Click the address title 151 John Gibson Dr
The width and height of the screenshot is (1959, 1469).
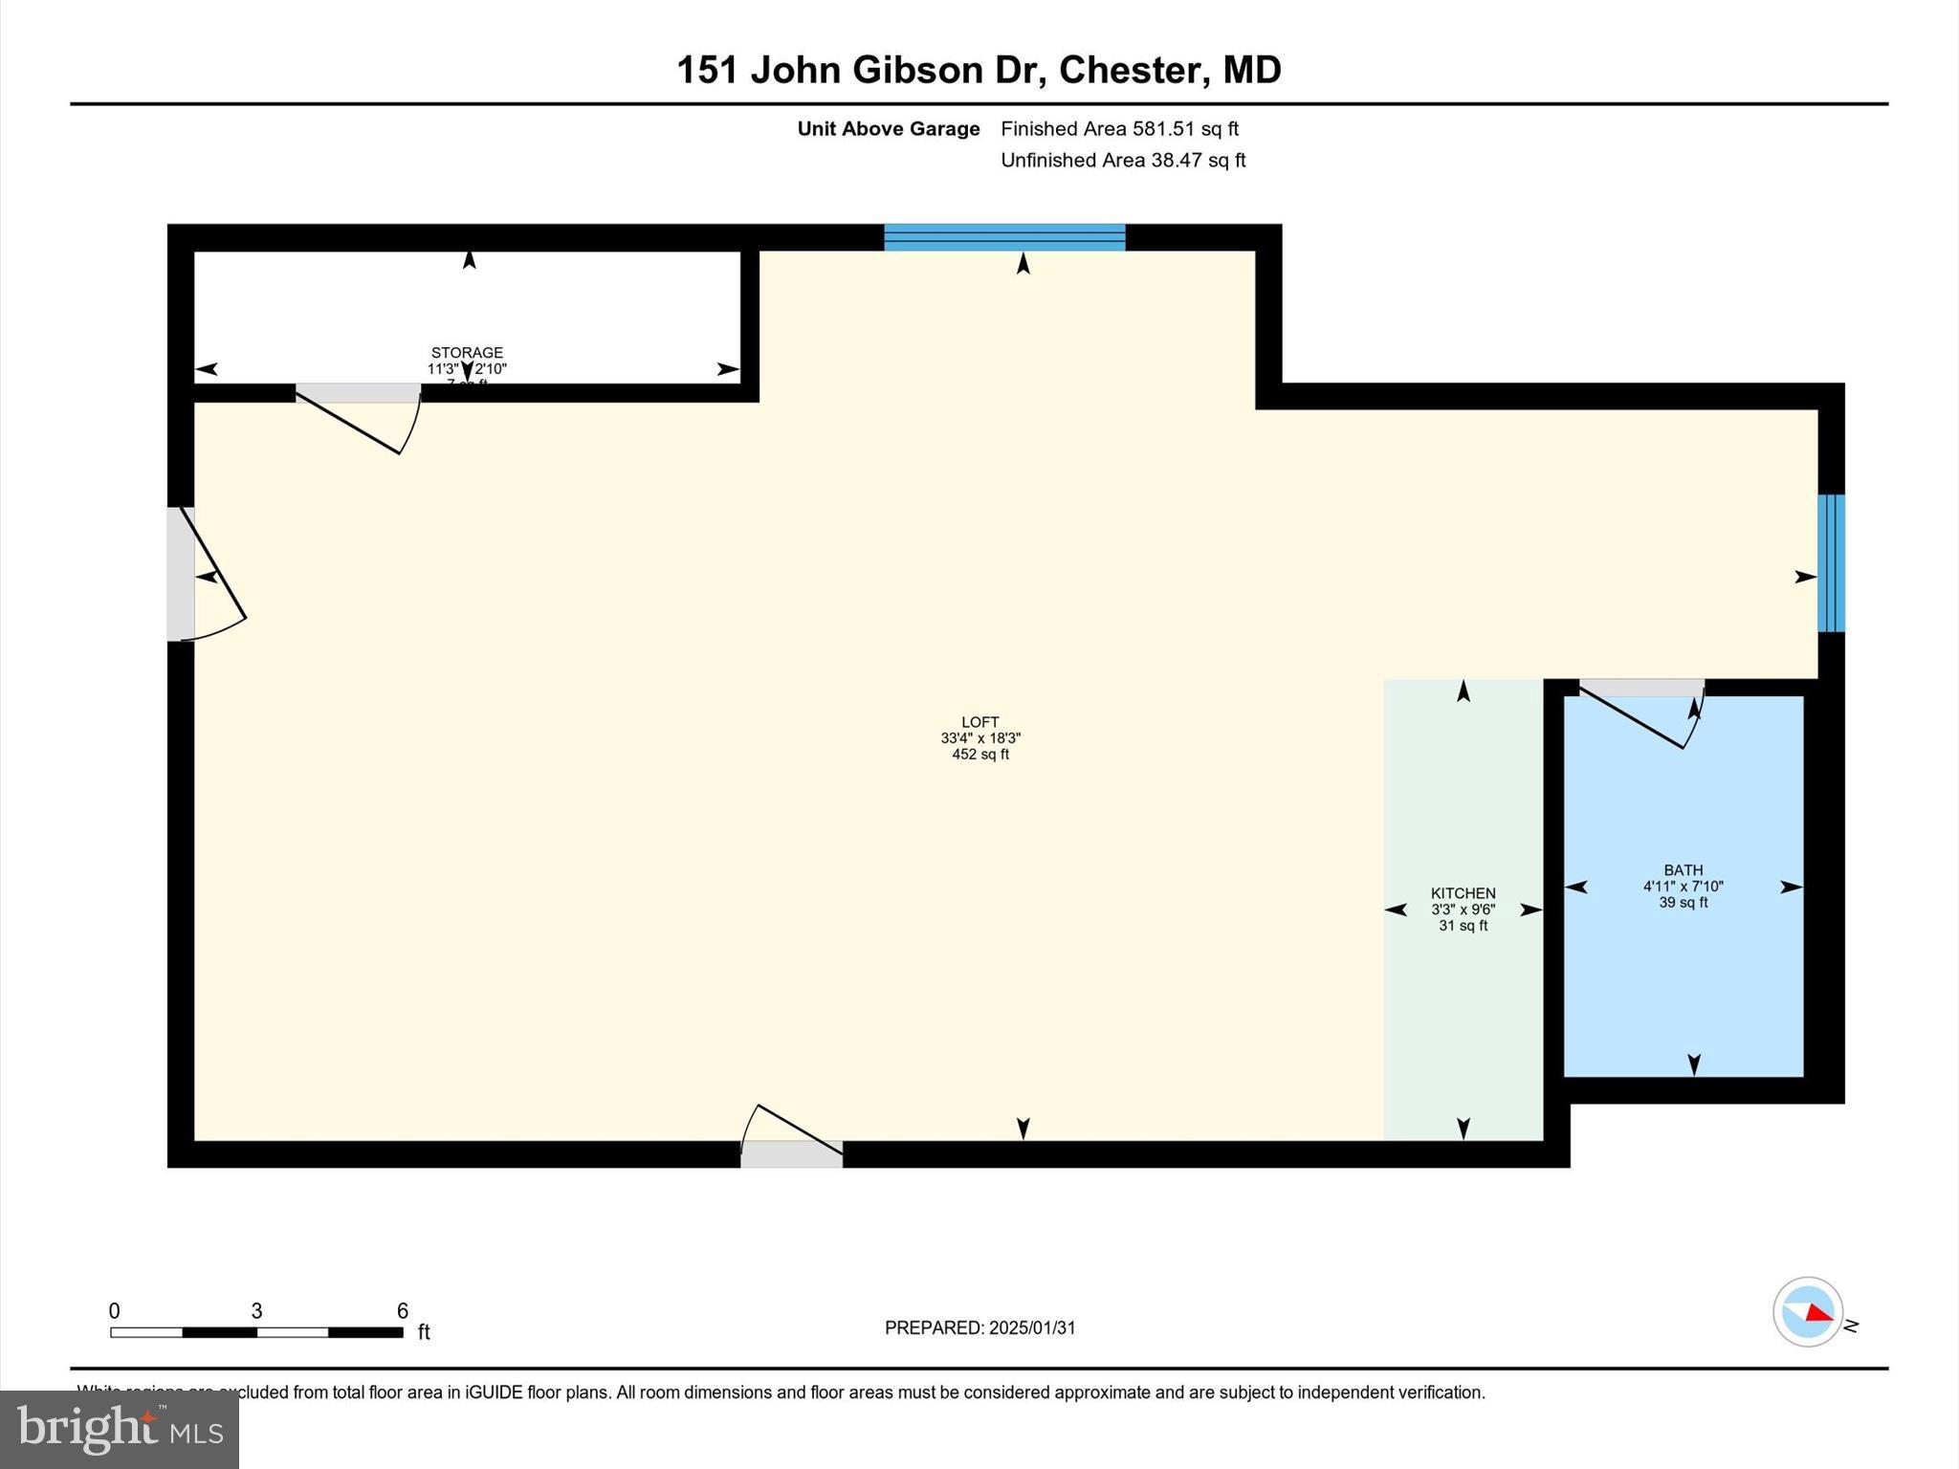pyautogui.click(x=979, y=70)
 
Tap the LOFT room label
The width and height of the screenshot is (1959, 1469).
pyautogui.click(x=980, y=722)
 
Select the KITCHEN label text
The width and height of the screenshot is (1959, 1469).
pyautogui.click(x=1463, y=893)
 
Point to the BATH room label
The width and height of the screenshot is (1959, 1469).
pyautogui.click(x=1683, y=870)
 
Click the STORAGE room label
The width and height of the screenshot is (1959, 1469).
pyautogui.click(x=467, y=353)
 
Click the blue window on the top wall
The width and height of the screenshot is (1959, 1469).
pyautogui.click(x=1004, y=237)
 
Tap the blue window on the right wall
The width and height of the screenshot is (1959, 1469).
pyautogui.click(x=1831, y=563)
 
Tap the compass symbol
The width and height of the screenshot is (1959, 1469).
pyautogui.click(x=1807, y=1312)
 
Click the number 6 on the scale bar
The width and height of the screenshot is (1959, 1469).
pyautogui.click(x=403, y=1311)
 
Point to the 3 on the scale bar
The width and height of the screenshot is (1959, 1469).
pyautogui.click(x=256, y=1311)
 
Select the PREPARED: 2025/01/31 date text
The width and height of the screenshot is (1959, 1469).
pyautogui.click(x=979, y=1327)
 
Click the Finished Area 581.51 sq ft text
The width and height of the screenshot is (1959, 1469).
pyautogui.click(x=1119, y=128)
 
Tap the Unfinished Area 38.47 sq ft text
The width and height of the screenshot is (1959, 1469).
pyautogui.click(x=1123, y=160)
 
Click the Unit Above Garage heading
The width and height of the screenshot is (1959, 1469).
pyautogui.click(x=889, y=128)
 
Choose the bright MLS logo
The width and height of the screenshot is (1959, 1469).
pyautogui.click(x=120, y=1429)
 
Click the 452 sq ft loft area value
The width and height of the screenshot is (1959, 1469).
pyautogui.click(x=980, y=755)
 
